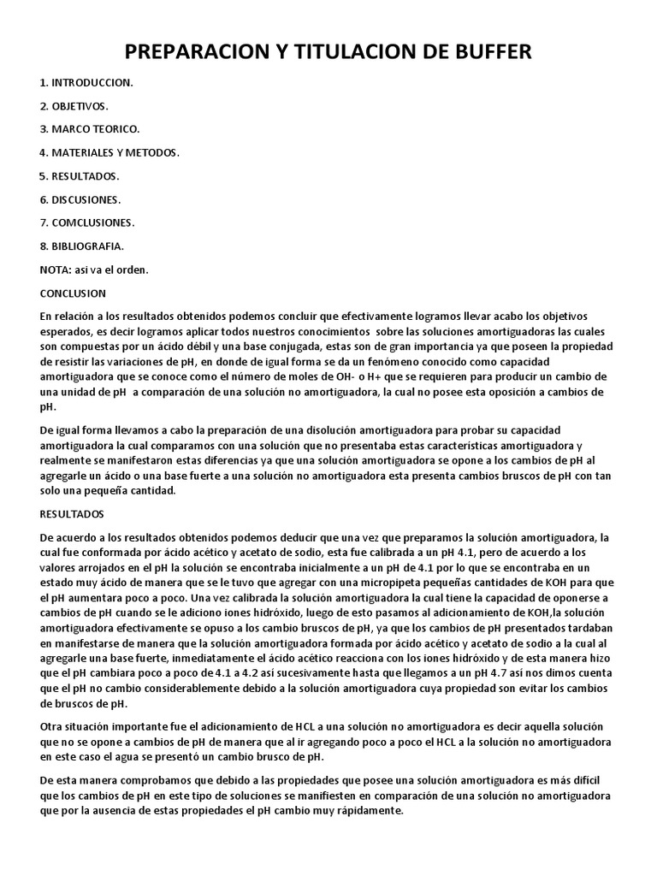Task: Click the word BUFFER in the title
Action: click(x=488, y=53)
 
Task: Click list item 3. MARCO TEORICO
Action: click(x=89, y=129)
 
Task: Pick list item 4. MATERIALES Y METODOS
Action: click(x=109, y=153)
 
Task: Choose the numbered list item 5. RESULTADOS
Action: click(x=79, y=176)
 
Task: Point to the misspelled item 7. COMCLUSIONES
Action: click(x=86, y=222)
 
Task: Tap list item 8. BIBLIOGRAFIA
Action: click(x=82, y=246)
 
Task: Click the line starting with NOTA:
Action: click(x=94, y=269)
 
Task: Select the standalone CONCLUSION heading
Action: click(x=73, y=293)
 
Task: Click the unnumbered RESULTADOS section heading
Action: click(x=72, y=514)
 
